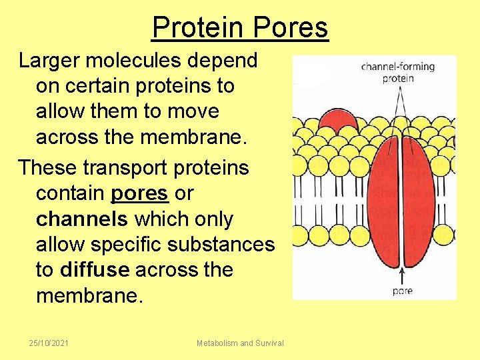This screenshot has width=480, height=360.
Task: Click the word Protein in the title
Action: [x=198, y=28]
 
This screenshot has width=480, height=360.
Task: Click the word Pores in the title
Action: [x=291, y=28]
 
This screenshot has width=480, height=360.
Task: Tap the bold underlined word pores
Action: [x=140, y=193]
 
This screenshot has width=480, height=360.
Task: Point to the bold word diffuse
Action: [x=95, y=269]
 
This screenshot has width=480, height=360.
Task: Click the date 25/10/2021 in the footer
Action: [x=49, y=343]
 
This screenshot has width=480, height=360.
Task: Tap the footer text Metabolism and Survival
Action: [x=240, y=343]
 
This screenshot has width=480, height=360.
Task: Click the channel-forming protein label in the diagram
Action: [x=397, y=72]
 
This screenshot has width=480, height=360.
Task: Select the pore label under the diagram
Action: [x=402, y=291]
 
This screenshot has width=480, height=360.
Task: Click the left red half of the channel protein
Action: [x=380, y=200]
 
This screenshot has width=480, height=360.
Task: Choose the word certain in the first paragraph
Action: [x=100, y=86]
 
